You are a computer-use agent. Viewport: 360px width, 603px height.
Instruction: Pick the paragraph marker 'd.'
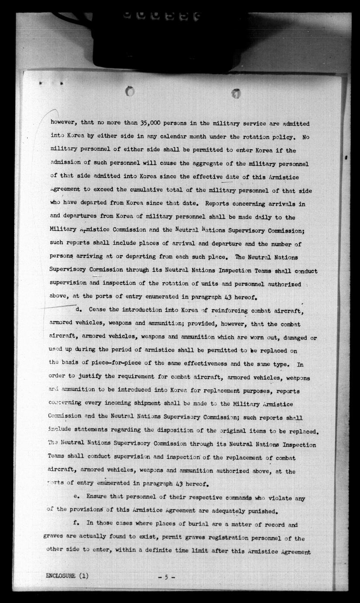pos(80,309)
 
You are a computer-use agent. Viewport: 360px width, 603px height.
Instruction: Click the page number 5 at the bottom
pos(166,577)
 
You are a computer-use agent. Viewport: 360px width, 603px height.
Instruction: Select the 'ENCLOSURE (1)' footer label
pos(66,576)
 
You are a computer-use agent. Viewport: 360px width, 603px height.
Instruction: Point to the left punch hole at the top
pos(129,91)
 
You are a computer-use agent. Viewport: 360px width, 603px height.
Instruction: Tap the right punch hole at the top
pos(236,93)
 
